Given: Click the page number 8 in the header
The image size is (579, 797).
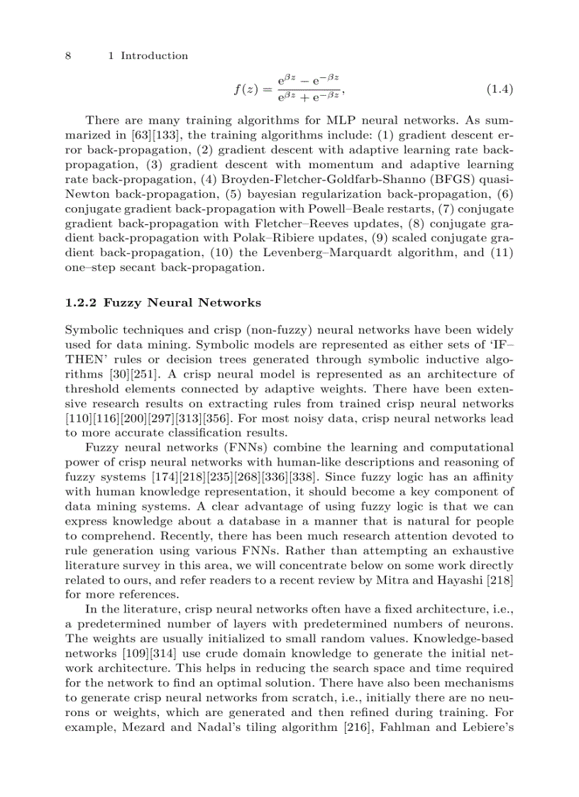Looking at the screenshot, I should click(68, 55).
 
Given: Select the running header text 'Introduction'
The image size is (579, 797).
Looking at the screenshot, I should click(154, 55).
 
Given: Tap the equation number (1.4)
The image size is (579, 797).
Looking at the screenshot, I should click(500, 89).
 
